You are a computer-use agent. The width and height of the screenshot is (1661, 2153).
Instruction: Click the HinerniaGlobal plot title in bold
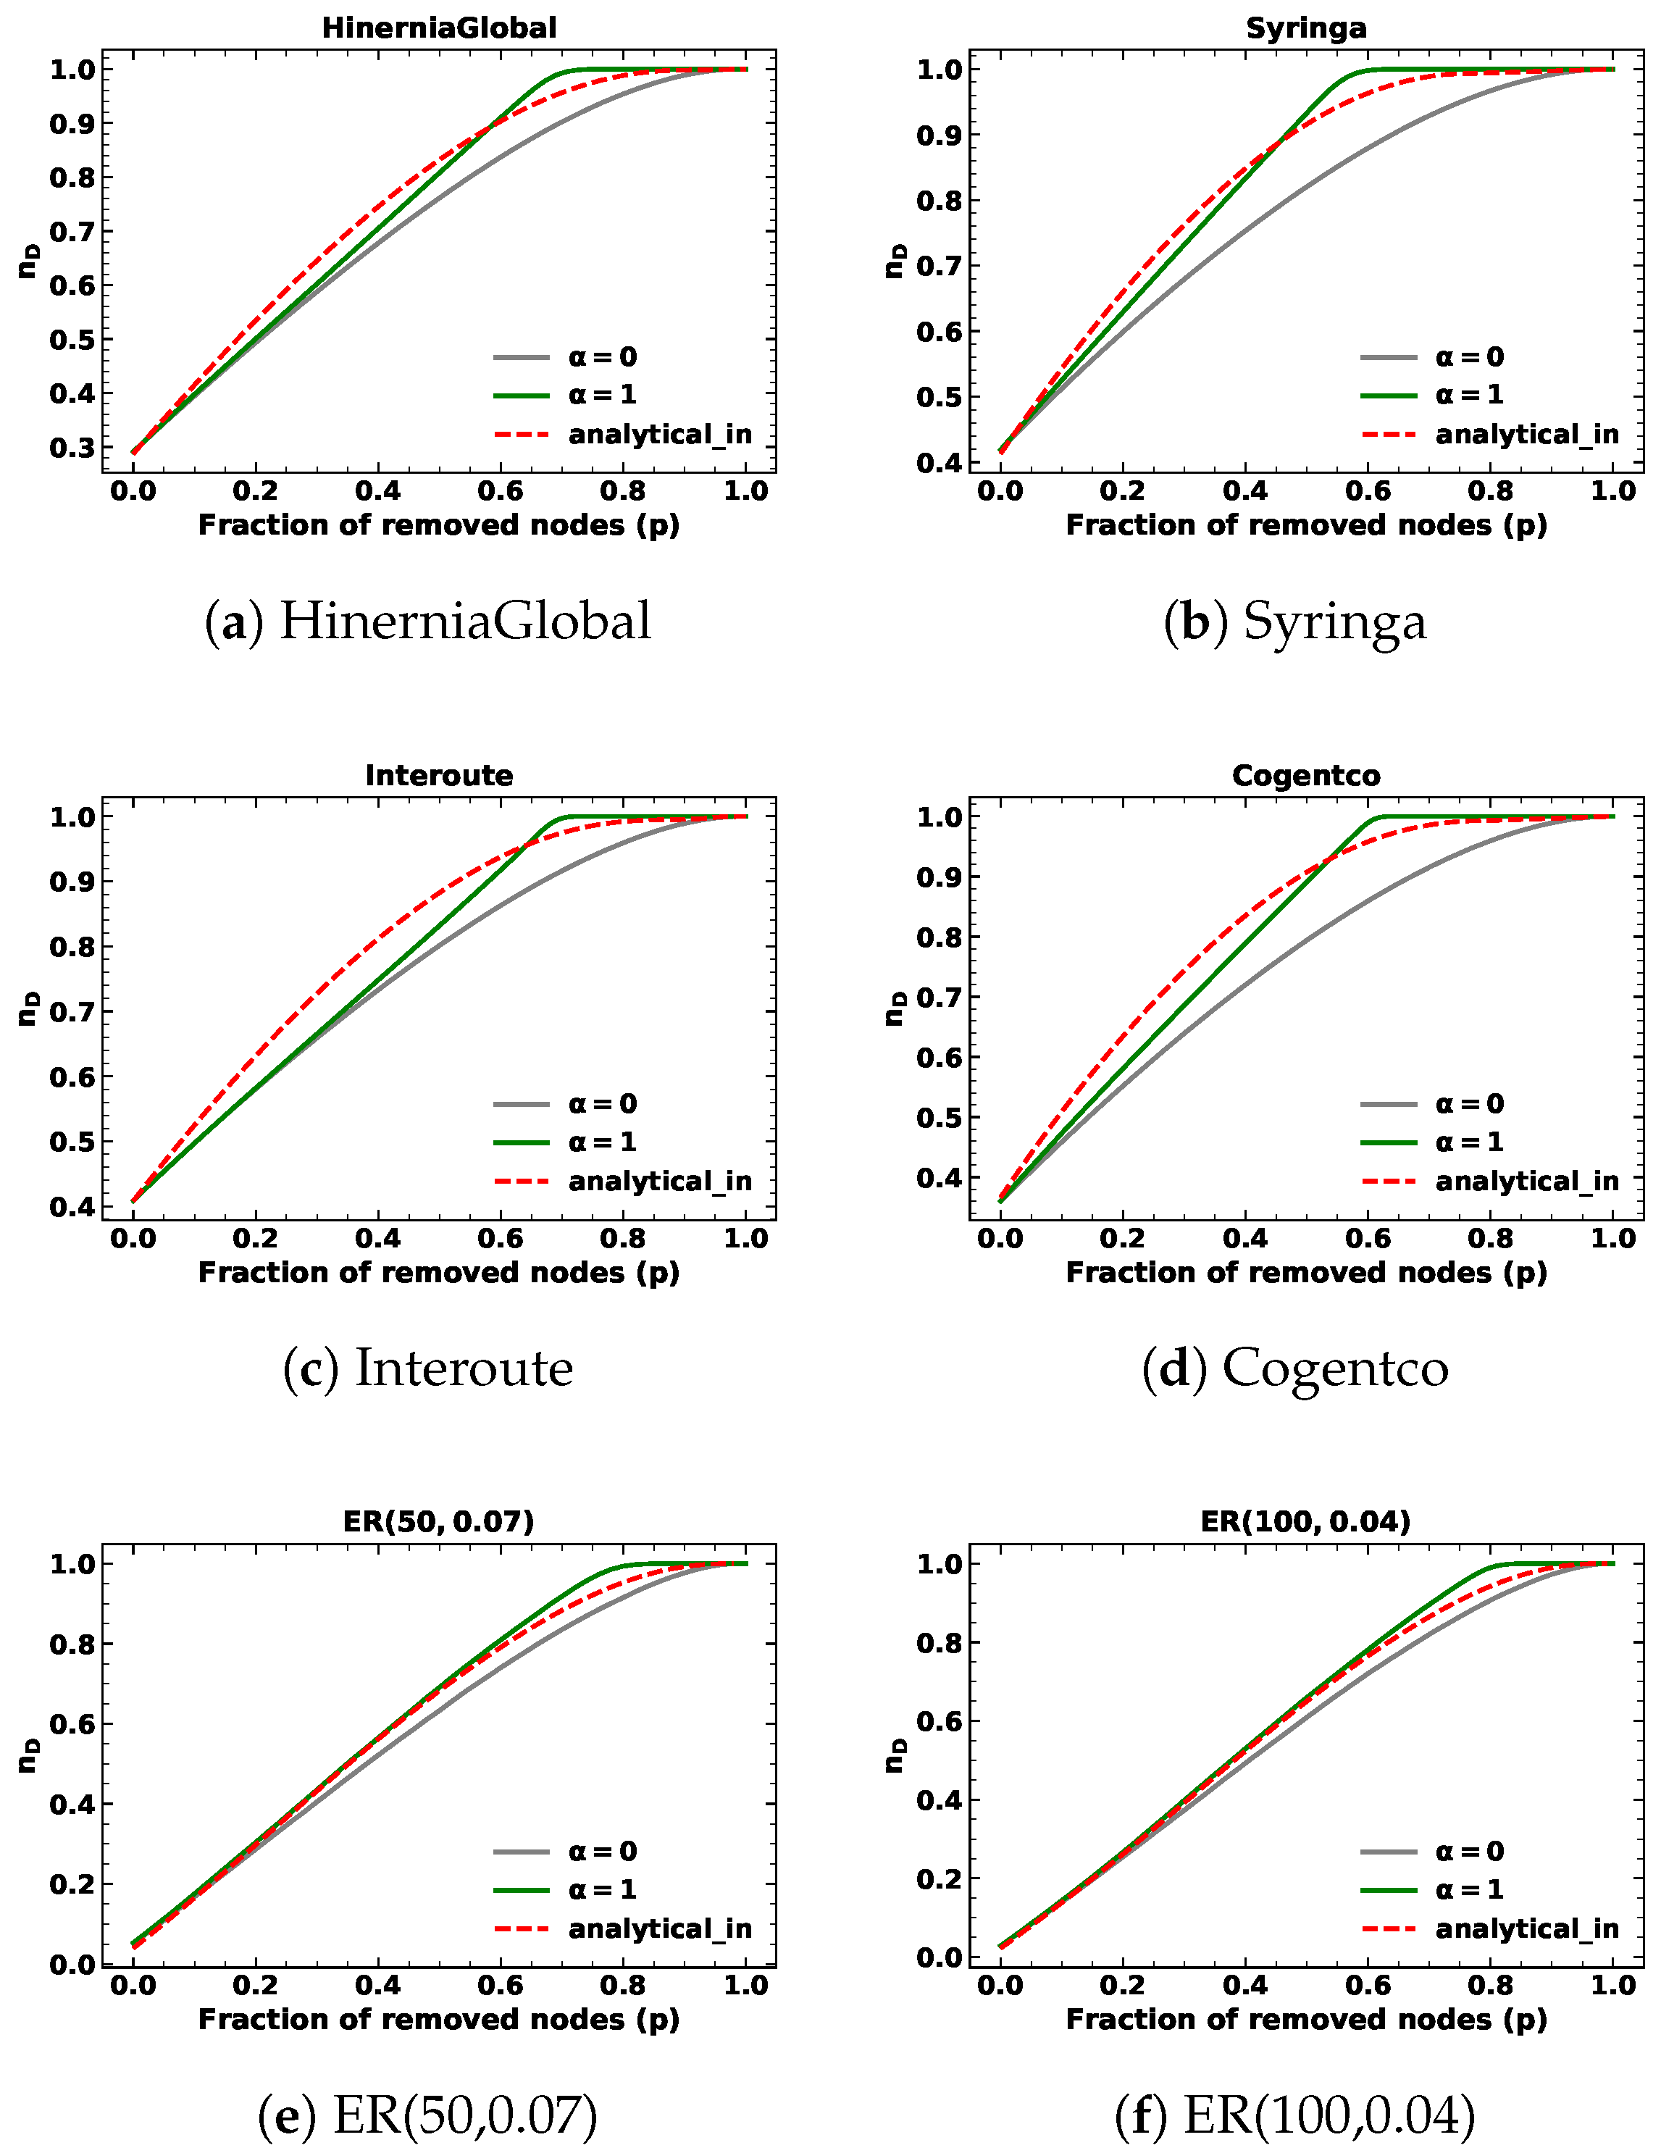439,28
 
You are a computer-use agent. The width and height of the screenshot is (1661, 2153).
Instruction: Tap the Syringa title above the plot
1305,28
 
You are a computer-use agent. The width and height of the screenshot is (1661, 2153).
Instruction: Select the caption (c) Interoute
428,1368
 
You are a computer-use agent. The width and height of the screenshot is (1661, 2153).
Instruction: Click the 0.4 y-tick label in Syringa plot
940,462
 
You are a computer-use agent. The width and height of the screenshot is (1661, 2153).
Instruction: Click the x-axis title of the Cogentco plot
1305,1273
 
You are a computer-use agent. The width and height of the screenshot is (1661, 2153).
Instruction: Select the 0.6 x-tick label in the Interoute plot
501,1239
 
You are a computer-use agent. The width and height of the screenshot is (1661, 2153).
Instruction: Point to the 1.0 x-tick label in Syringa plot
1612,491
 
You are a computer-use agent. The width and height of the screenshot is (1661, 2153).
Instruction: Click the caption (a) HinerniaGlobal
428,621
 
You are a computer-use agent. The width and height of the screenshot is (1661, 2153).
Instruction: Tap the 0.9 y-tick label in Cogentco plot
940,877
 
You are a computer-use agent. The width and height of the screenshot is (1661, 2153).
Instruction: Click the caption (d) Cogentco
1294,1368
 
